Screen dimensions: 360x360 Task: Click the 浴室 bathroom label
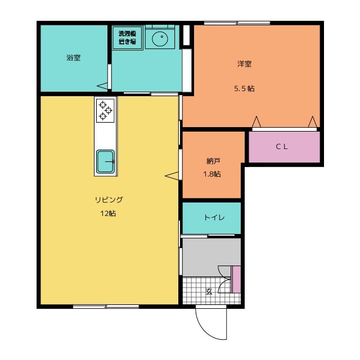(x=74, y=57)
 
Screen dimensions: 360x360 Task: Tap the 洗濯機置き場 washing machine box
(x=128, y=38)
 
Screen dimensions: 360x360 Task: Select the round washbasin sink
(x=160, y=37)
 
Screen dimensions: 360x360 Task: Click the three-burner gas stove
(x=105, y=110)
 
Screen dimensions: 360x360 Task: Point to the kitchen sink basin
(x=105, y=161)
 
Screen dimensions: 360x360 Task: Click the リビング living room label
(x=109, y=200)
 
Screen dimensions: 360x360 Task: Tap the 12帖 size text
(x=108, y=214)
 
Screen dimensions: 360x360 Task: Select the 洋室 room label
(x=244, y=64)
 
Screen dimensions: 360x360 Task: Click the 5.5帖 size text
(x=244, y=88)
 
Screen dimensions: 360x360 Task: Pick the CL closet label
(x=282, y=146)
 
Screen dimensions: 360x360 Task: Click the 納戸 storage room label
(x=213, y=161)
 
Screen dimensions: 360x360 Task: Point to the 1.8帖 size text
(x=212, y=174)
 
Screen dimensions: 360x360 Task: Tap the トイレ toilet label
(x=214, y=217)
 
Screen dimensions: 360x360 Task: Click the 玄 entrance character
(x=209, y=291)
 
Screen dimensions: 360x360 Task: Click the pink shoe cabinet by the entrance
(x=236, y=280)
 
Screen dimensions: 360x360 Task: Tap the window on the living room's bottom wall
(x=106, y=306)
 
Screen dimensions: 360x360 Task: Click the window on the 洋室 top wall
(x=237, y=23)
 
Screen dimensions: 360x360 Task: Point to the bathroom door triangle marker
(x=102, y=86)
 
